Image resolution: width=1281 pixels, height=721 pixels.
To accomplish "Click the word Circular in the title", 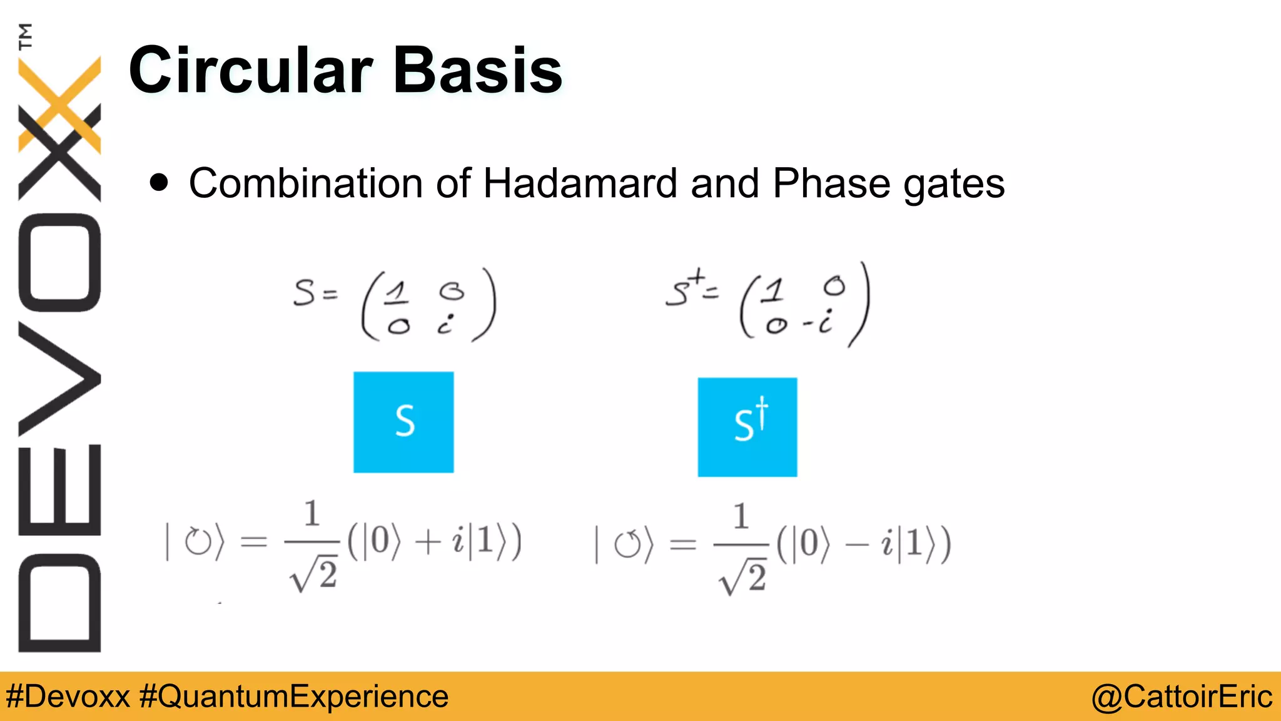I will point(250,70).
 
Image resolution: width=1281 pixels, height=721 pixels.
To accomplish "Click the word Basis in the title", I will point(478,70).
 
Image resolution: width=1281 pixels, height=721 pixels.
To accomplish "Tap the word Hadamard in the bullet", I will point(580,183).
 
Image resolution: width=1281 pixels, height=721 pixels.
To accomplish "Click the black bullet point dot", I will point(159,183).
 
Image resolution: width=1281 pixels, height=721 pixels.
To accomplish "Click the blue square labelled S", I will point(403,422).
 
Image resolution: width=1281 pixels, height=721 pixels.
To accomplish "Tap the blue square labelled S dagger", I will point(747,427).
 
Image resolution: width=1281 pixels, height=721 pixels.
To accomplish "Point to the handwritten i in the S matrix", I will point(445,324).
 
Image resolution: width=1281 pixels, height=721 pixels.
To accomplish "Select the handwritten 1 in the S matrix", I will point(396,292).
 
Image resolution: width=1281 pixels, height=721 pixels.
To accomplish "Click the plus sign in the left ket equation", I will point(428,542).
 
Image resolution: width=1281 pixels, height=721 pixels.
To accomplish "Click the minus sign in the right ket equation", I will point(856,545).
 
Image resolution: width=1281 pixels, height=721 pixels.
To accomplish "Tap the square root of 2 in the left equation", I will point(313,575).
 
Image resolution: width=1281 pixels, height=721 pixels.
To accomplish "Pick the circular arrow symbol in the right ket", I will point(627,545).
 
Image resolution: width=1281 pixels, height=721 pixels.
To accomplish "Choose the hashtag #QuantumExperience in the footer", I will point(293,697).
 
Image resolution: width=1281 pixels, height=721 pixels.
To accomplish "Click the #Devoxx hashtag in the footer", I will point(68,697).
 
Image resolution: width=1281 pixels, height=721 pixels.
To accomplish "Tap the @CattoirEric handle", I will point(1181,697).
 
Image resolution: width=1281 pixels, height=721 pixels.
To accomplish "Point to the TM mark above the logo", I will point(25,36).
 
